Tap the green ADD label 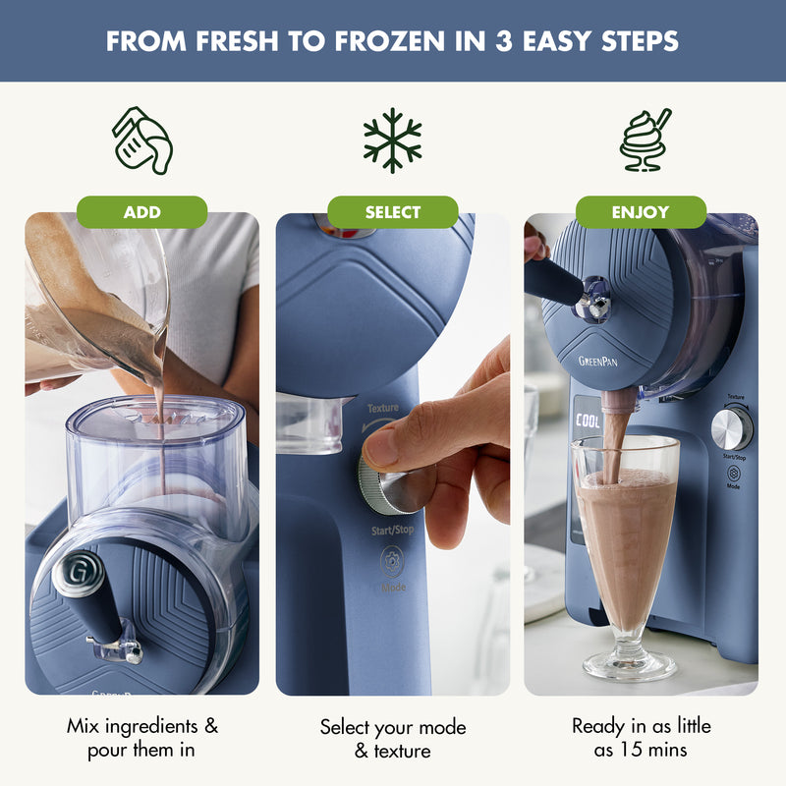click(x=142, y=212)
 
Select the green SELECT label click(x=393, y=212)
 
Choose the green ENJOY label click(x=641, y=212)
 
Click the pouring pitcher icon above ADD click(x=142, y=140)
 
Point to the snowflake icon click(x=392, y=140)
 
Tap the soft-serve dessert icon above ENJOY click(x=645, y=140)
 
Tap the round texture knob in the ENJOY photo click(x=731, y=428)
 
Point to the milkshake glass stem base click(x=629, y=665)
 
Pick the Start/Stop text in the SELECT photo click(x=393, y=531)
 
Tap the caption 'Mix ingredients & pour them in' click(x=142, y=738)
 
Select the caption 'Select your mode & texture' click(x=393, y=739)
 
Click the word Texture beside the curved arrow click(x=383, y=408)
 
